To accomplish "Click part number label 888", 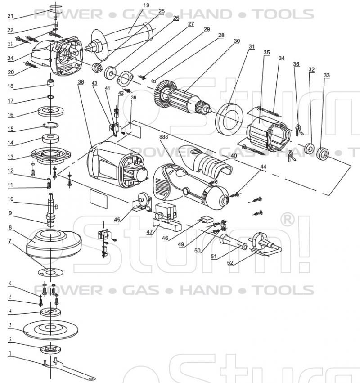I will click(x=165, y=136).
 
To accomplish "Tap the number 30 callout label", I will click(x=237, y=41).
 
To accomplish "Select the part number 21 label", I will click(x=11, y=17).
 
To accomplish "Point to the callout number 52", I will click(x=230, y=263).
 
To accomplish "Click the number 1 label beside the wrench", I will click(x=10, y=353).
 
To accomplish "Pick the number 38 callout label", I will click(x=81, y=82).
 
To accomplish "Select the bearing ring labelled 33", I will click(x=323, y=153).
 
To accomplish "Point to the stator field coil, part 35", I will click(x=270, y=133).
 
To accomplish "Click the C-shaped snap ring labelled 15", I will click(x=50, y=127).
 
